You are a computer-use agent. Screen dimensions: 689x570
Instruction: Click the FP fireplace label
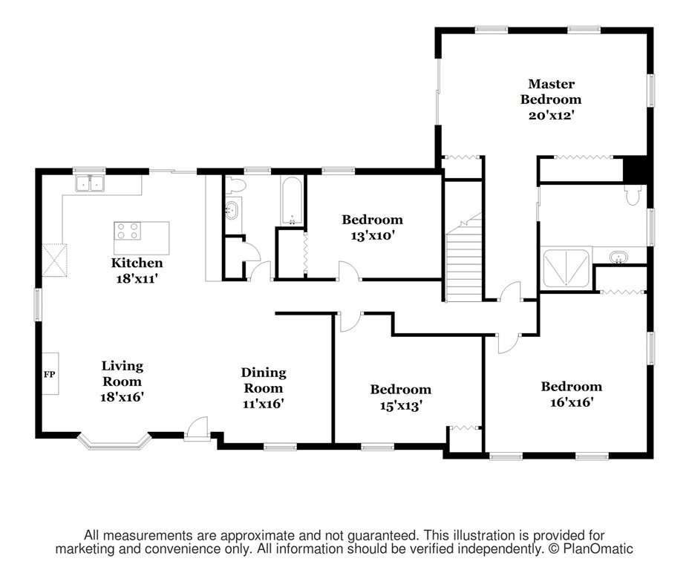(49, 374)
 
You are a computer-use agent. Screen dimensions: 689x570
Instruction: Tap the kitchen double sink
(90, 183)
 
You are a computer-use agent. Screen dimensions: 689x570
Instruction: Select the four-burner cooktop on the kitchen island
(128, 231)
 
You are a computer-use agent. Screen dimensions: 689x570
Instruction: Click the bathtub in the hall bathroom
(291, 200)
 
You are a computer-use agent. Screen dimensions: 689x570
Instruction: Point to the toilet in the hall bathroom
(235, 185)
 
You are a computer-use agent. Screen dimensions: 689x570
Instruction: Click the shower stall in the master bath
(566, 268)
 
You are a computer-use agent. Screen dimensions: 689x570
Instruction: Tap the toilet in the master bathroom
(633, 194)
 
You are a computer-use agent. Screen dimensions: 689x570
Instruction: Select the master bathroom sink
(618, 257)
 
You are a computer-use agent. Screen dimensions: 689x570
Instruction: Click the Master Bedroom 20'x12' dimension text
(552, 116)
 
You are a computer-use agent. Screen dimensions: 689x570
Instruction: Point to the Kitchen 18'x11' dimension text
(137, 278)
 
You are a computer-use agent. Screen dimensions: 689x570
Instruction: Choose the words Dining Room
(264, 380)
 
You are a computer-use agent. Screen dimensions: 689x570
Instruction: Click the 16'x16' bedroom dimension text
(572, 402)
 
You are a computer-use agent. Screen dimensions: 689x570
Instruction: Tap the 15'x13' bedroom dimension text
(401, 405)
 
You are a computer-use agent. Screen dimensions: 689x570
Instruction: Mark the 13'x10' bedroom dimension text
(372, 236)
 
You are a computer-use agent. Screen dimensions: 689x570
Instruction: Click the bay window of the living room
(114, 442)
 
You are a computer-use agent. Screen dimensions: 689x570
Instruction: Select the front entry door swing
(197, 428)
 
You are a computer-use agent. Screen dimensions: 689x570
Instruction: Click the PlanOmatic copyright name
(598, 548)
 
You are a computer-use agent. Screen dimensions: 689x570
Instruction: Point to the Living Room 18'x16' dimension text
(123, 397)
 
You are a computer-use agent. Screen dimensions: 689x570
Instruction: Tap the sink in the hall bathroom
(232, 211)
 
